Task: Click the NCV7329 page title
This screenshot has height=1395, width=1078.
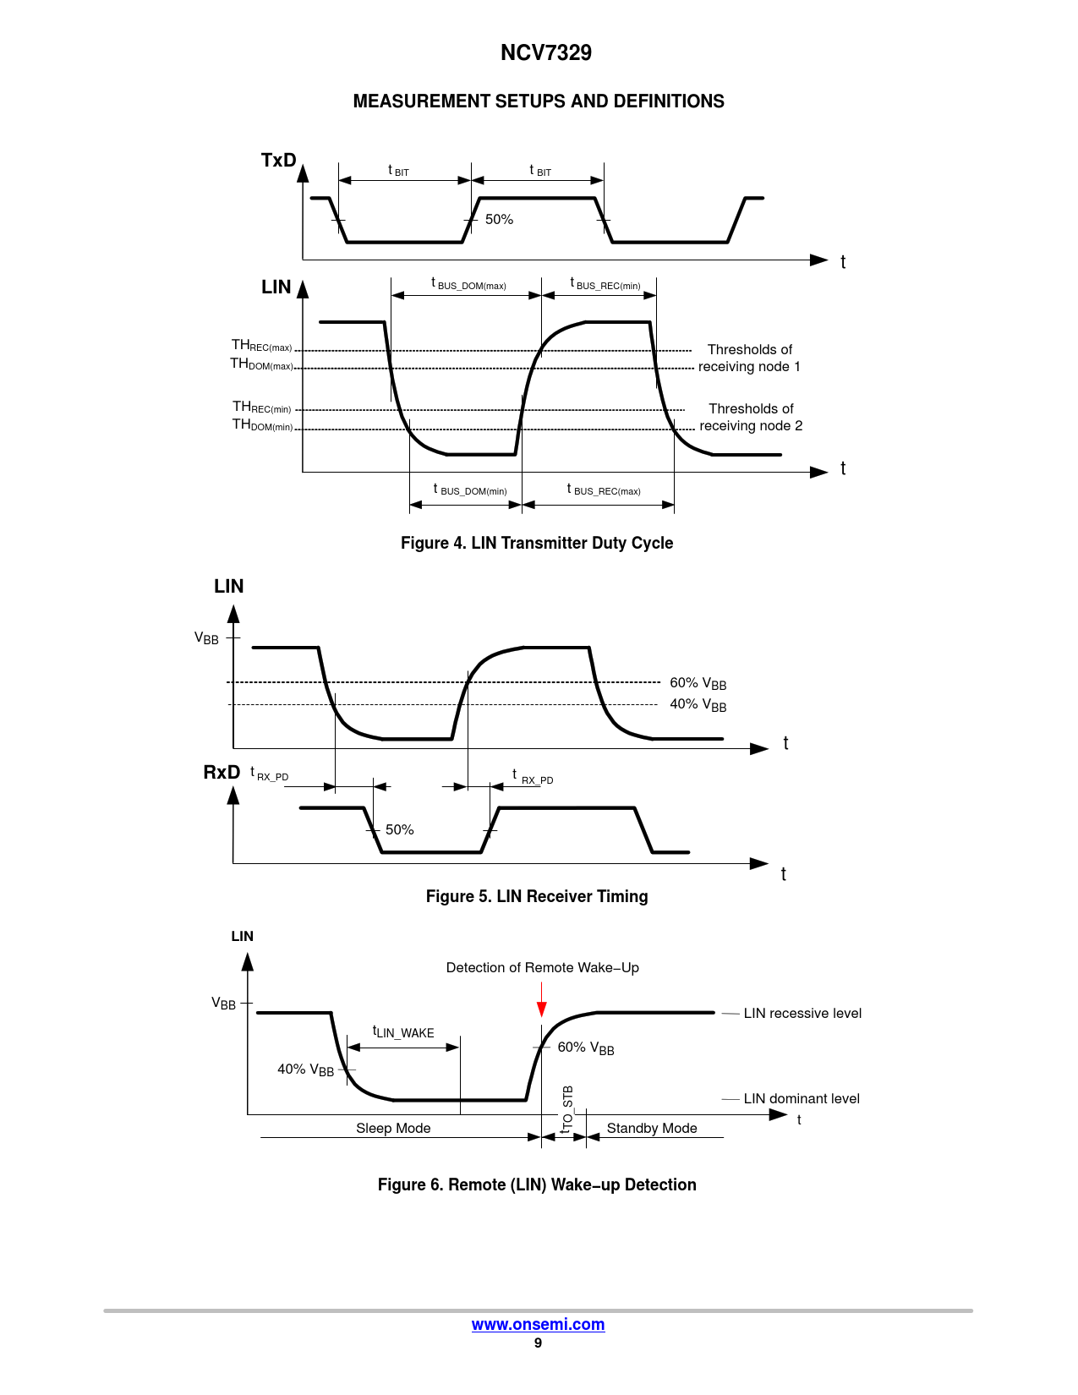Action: (x=545, y=52)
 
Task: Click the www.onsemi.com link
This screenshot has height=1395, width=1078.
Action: (x=538, y=1324)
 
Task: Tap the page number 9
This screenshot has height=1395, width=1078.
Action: (x=538, y=1343)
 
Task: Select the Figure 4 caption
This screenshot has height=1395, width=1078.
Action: (x=537, y=543)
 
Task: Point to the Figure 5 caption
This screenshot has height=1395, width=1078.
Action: (x=537, y=896)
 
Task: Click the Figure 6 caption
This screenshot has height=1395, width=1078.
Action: (x=537, y=1184)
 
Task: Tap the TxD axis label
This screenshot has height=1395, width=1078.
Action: (x=278, y=160)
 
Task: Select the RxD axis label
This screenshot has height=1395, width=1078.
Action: (x=222, y=772)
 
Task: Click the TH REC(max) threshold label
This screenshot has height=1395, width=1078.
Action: (x=261, y=345)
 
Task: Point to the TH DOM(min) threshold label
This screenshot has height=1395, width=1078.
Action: (x=262, y=424)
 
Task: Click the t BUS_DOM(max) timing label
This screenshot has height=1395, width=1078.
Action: (x=468, y=283)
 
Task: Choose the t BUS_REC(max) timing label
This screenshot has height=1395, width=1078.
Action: (x=604, y=490)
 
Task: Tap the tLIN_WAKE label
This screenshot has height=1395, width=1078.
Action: (x=403, y=1031)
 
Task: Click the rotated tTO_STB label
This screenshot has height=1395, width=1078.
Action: (x=566, y=1108)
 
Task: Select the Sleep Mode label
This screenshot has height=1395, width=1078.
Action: (x=393, y=1128)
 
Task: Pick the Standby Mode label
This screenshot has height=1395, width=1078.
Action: (x=652, y=1128)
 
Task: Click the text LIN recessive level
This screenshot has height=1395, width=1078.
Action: (x=802, y=1013)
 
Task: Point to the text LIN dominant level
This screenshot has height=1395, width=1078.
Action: (x=802, y=1098)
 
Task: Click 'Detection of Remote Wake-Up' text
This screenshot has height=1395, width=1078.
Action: (x=542, y=967)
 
